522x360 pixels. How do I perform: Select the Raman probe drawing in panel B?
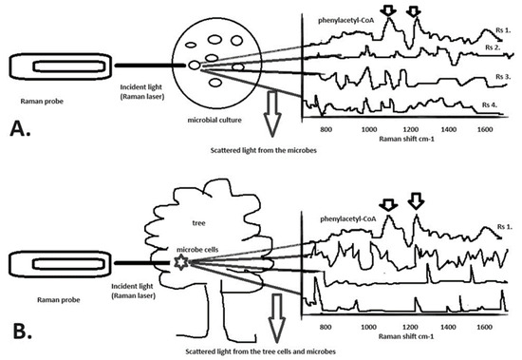click(55, 258)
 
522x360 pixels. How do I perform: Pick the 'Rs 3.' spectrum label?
click(497, 74)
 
